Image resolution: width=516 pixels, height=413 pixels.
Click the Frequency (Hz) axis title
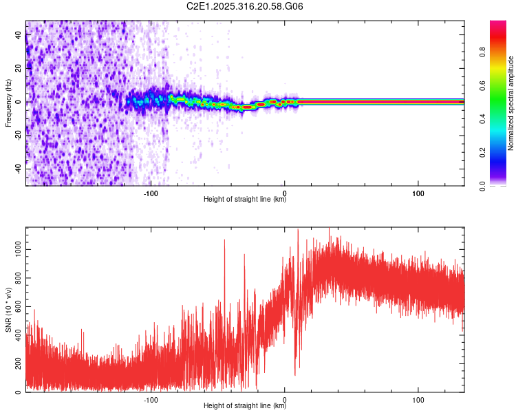[x=8, y=103]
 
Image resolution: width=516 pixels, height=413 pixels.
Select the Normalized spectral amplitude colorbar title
[x=511, y=103]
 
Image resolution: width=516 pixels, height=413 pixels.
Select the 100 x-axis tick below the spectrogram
[x=418, y=193]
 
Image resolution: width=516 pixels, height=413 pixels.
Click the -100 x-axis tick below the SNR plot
[x=151, y=399]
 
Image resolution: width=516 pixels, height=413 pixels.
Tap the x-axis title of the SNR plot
[x=245, y=406]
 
